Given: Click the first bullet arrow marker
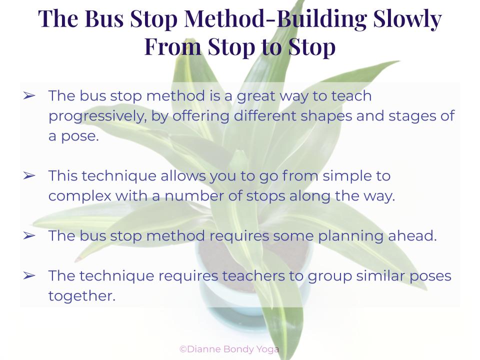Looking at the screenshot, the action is (x=29, y=96).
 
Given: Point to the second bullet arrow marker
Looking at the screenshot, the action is (x=29, y=175).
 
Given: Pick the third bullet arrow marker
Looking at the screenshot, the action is (x=29, y=235).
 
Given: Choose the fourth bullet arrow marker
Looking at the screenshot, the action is (x=29, y=276).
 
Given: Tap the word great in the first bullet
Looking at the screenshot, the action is (x=256, y=96).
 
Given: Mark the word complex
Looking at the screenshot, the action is (x=79, y=196).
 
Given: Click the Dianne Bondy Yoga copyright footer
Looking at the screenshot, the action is (x=229, y=349).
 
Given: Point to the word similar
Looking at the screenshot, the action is (x=380, y=276).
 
